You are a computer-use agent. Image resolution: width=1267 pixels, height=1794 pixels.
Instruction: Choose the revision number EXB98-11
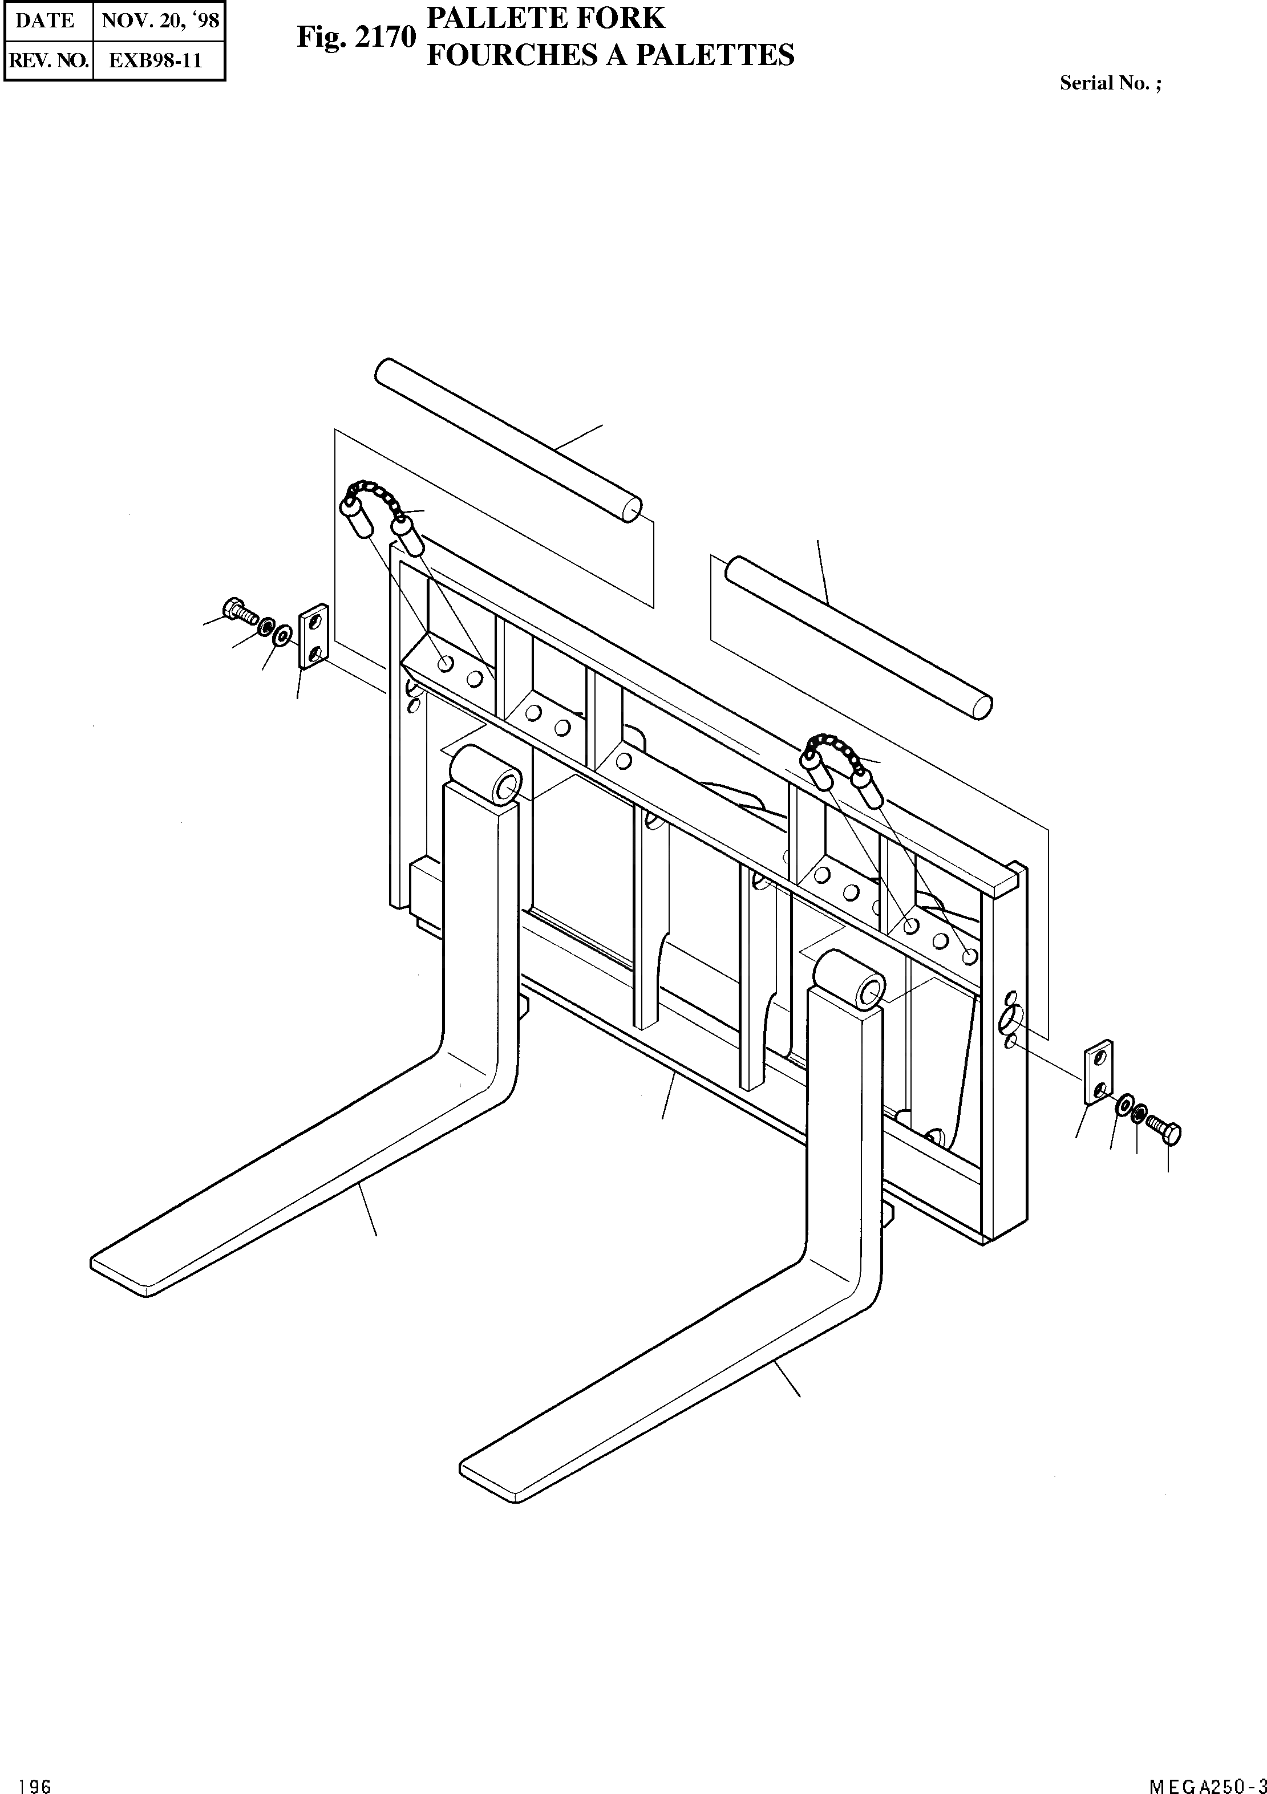click(156, 60)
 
